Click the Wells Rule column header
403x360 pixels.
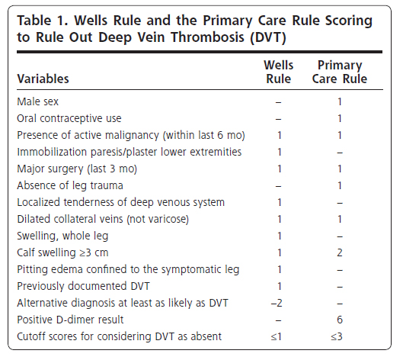click(x=279, y=72)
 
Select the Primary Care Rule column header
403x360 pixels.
click(x=340, y=72)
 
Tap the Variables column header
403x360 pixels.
click(x=43, y=79)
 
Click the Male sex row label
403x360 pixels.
click(x=38, y=101)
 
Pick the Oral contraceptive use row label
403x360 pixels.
click(x=69, y=119)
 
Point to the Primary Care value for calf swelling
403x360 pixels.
click(x=340, y=252)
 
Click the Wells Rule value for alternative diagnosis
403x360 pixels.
click(x=277, y=303)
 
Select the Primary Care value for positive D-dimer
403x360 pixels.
click(x=340, y=320)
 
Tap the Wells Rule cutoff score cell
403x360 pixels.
click(x=277, y=336)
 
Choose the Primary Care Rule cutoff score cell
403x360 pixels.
click(x=337, y=336)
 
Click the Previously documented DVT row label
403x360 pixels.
click(x=83, y=286)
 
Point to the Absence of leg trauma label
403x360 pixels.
click(x=70, y=185)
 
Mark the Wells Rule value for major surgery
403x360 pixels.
click(x=280, y=169)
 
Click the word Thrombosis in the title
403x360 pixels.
click(x=207, y=37)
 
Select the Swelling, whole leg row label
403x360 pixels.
click(x=62, y=236)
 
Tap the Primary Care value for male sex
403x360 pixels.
click(x=340, y=101)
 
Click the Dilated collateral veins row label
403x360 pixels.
click(x=103, y=219)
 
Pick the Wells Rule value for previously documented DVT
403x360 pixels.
click(x=280, y=286)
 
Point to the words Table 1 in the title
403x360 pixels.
click(x=43, y=21)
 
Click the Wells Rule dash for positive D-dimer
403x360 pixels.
click(x=278, y=320)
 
